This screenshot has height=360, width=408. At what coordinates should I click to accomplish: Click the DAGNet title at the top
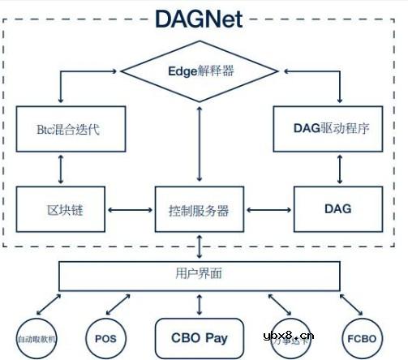click(200, 18)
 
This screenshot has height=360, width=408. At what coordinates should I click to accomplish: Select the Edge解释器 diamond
click(200, 71)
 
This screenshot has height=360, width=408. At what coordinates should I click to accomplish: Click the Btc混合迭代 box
click(61, 128)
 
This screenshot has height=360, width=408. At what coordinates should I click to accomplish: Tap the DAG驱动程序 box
click(336, 128)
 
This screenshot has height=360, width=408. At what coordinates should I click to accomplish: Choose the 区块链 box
click(61, 209)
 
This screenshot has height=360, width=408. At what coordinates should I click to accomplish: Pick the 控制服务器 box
click(200, 210)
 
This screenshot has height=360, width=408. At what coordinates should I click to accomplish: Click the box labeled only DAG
click(336, 209)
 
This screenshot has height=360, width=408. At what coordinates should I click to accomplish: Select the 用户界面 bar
click(200, 275)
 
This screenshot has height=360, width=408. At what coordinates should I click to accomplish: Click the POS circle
click(106, 336)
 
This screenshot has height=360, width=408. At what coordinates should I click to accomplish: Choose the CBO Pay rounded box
click(200, 335)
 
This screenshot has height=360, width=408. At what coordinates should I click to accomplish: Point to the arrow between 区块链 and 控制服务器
click(130, 210)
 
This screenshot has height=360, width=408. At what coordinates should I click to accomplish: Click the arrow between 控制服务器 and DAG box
click(268, 210)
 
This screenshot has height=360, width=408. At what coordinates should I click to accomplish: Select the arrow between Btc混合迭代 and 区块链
click(61, 169)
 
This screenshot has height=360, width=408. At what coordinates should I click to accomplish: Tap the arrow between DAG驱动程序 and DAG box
click(336, 169)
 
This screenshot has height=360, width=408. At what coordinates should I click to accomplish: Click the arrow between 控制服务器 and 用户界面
click(200, 246)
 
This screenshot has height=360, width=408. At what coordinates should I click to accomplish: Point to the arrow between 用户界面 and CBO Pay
click(200, 303)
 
